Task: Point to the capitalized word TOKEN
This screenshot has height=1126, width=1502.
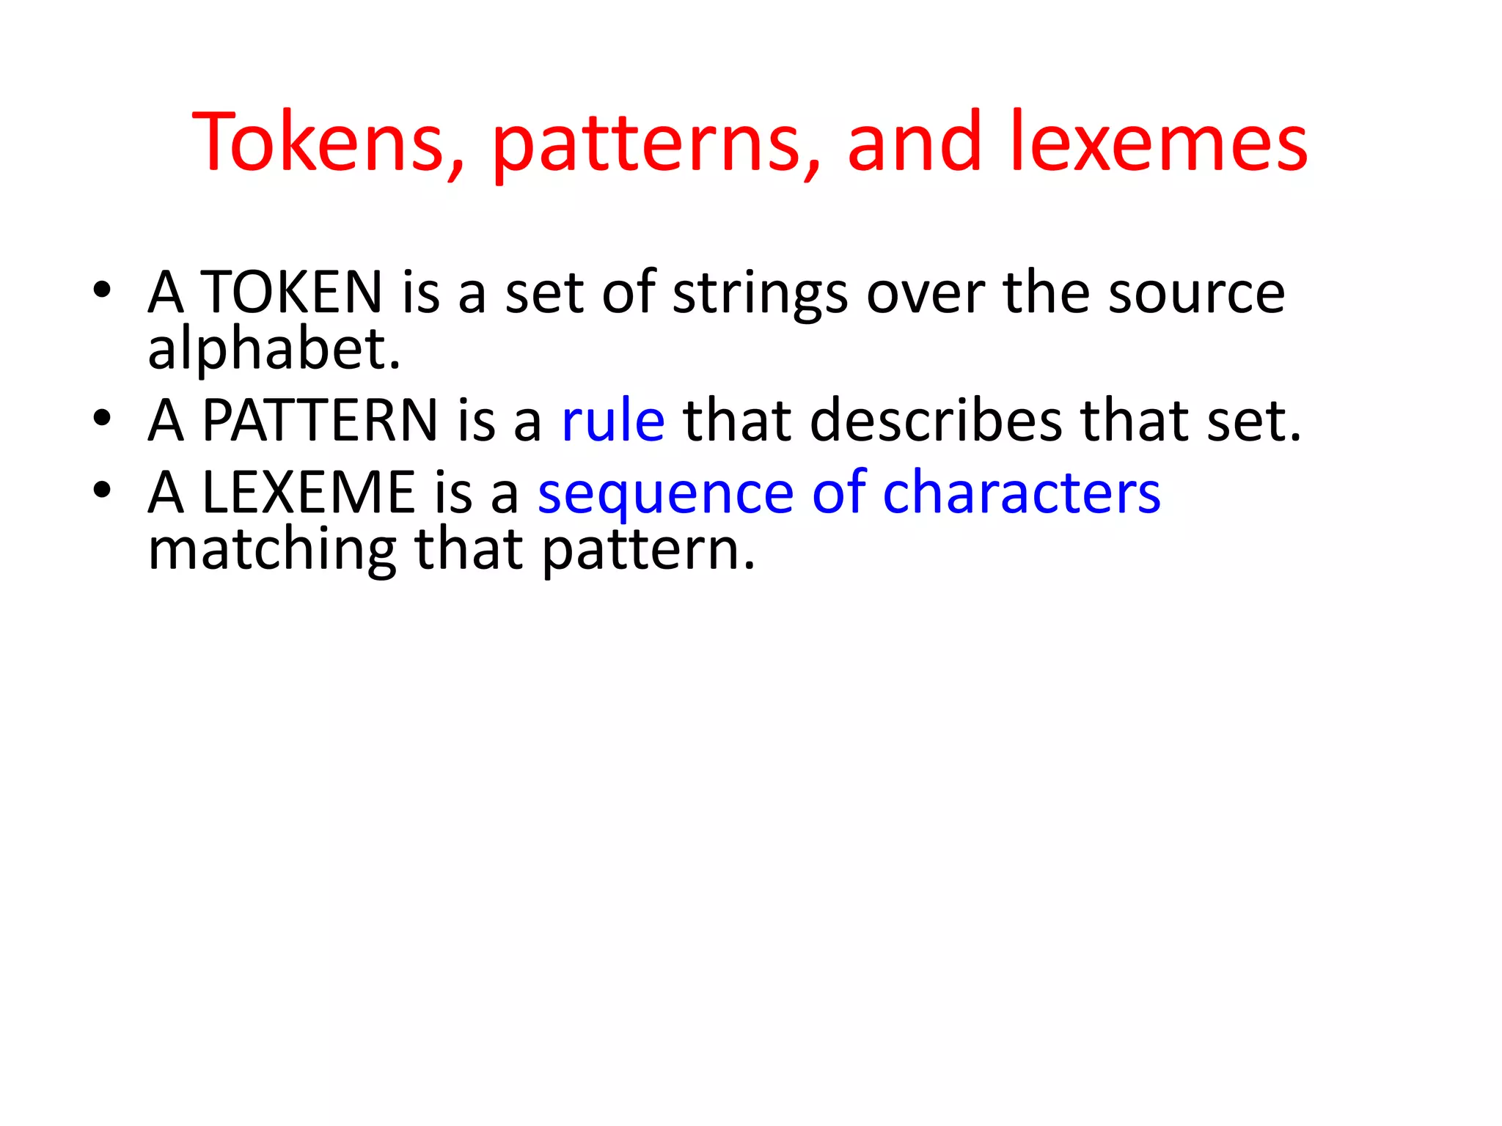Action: tap(291, 292)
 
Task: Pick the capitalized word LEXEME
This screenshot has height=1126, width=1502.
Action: tap(309, 492)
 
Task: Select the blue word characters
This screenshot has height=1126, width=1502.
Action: tap(1022, 492)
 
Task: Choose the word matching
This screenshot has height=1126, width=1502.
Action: tap(272, 551)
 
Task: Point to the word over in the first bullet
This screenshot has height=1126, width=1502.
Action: tap(926, 293)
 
